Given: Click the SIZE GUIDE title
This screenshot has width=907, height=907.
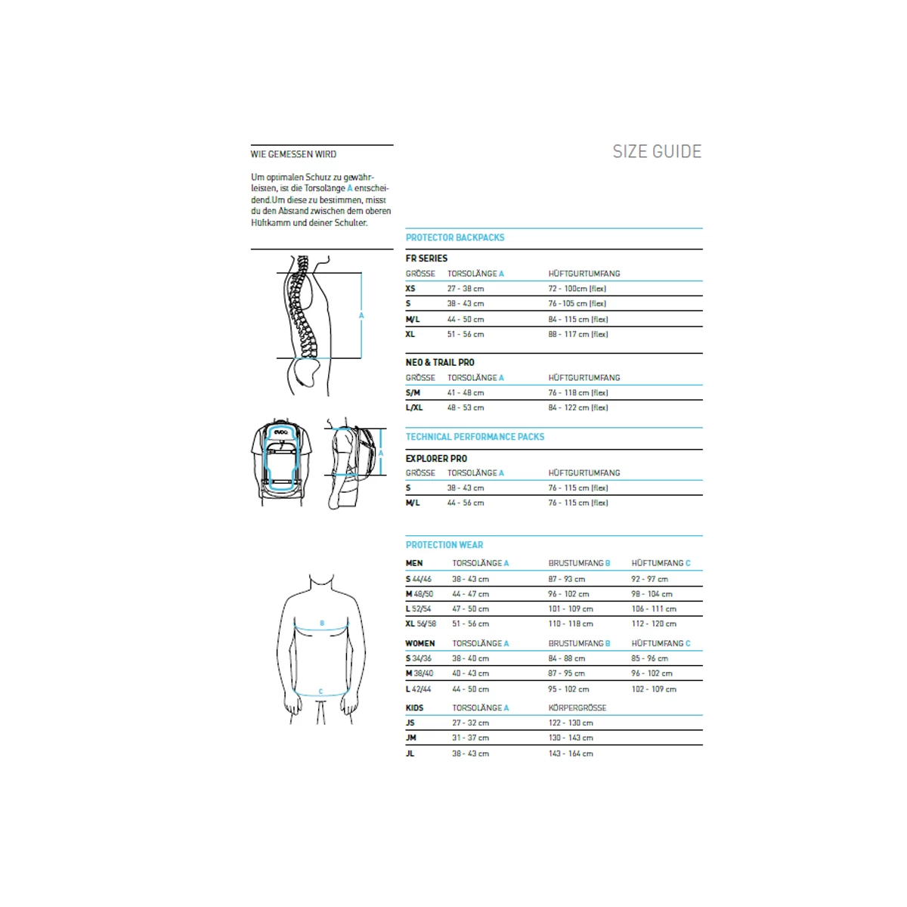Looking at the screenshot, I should point(657,152).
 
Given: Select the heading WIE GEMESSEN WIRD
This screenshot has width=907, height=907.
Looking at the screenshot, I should point(293,154).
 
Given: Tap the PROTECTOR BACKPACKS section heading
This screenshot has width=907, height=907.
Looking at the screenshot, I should point(455,237).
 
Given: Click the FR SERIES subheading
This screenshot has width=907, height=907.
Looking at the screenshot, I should point(426,258).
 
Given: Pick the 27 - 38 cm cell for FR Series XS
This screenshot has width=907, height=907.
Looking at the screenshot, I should point(466,289).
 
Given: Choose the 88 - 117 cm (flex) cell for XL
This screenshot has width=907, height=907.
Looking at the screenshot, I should point(578,334).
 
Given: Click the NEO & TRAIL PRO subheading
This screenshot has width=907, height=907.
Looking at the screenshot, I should point(440,363).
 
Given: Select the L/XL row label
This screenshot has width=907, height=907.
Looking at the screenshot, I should point(414,407).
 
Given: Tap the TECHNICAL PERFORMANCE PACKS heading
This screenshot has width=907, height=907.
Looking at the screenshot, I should point(475,437).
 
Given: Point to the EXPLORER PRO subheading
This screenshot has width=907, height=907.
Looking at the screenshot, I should point(436,459).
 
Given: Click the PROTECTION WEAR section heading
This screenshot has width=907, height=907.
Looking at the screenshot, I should point(444,545).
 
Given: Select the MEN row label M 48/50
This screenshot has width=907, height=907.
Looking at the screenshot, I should point(419,594).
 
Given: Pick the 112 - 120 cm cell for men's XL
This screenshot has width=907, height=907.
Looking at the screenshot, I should point(654,624).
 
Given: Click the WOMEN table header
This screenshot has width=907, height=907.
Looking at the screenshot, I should point(420,644).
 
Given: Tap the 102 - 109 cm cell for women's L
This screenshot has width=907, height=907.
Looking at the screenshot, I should point(654,689).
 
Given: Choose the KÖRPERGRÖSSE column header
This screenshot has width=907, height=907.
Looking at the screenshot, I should point(577,708).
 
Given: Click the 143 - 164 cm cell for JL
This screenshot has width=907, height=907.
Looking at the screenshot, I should point(571,754).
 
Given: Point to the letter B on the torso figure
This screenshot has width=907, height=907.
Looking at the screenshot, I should point(322,624).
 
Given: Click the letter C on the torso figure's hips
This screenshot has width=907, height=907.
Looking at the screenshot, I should point(321,692).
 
